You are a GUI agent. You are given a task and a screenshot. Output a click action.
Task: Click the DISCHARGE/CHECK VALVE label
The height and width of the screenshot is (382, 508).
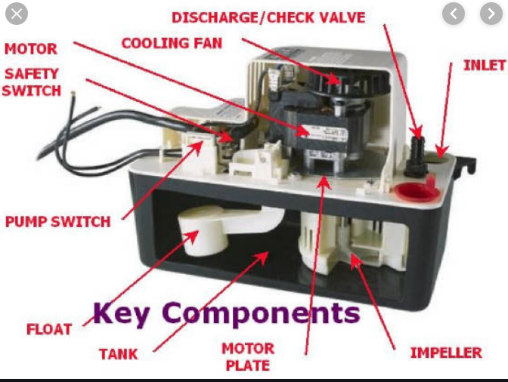coord(268,17)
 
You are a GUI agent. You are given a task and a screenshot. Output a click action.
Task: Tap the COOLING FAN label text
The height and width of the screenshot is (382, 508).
coord(172,43)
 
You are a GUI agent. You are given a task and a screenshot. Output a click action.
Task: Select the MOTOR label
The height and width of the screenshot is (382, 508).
coord(31,50)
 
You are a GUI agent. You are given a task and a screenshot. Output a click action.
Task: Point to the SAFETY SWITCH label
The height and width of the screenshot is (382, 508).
coord(33,82)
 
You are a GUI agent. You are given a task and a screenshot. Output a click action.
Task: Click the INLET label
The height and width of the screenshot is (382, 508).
coord(484,66)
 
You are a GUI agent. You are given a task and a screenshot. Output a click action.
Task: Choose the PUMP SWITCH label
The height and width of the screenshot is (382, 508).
coord(57,222)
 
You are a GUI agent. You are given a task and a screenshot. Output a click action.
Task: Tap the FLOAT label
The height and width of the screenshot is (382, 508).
coord(48,329)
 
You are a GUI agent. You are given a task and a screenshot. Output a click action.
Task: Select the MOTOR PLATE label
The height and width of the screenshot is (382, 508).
coord(247,357)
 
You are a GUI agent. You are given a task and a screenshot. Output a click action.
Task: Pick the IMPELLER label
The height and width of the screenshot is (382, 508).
coord(446,353)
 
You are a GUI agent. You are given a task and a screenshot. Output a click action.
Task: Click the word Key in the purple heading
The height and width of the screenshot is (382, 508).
coord(123,312)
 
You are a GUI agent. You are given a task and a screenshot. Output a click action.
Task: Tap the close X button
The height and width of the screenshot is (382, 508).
coord(16,14)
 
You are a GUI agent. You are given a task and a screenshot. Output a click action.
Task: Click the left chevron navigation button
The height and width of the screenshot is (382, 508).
coord(454,14)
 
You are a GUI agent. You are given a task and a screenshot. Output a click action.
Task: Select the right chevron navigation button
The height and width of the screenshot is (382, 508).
coord(491,14)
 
